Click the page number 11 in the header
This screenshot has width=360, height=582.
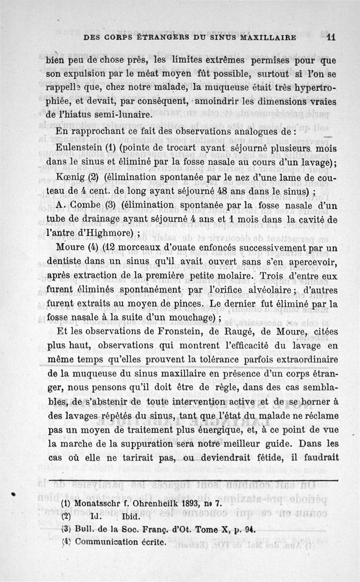tap(332, 38)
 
